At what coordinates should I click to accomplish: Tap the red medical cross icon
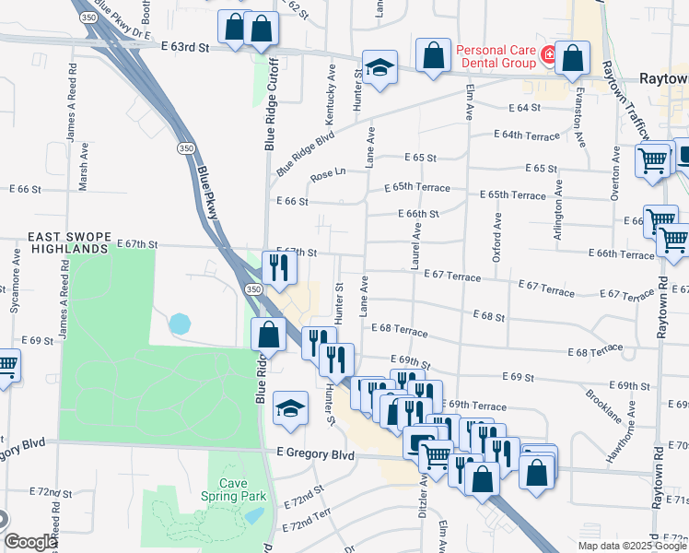[x=548, y=55]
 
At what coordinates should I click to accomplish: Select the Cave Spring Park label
[x=233, y=489]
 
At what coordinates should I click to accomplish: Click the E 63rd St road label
[x=183, y=45]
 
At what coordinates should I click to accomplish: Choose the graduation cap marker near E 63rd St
[x=377, y=67]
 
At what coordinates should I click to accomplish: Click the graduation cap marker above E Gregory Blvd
[x=289, y=407]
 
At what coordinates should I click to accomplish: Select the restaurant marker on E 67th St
[x=276, y=267]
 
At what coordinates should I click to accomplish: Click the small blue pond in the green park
[x=180, y=324]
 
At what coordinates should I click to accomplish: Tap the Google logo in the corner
[x=30, y=542]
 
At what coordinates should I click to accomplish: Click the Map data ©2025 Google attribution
[x=631, y=546]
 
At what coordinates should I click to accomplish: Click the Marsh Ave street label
[x=83, y=165]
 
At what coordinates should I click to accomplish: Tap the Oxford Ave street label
[x=497, y=238]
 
